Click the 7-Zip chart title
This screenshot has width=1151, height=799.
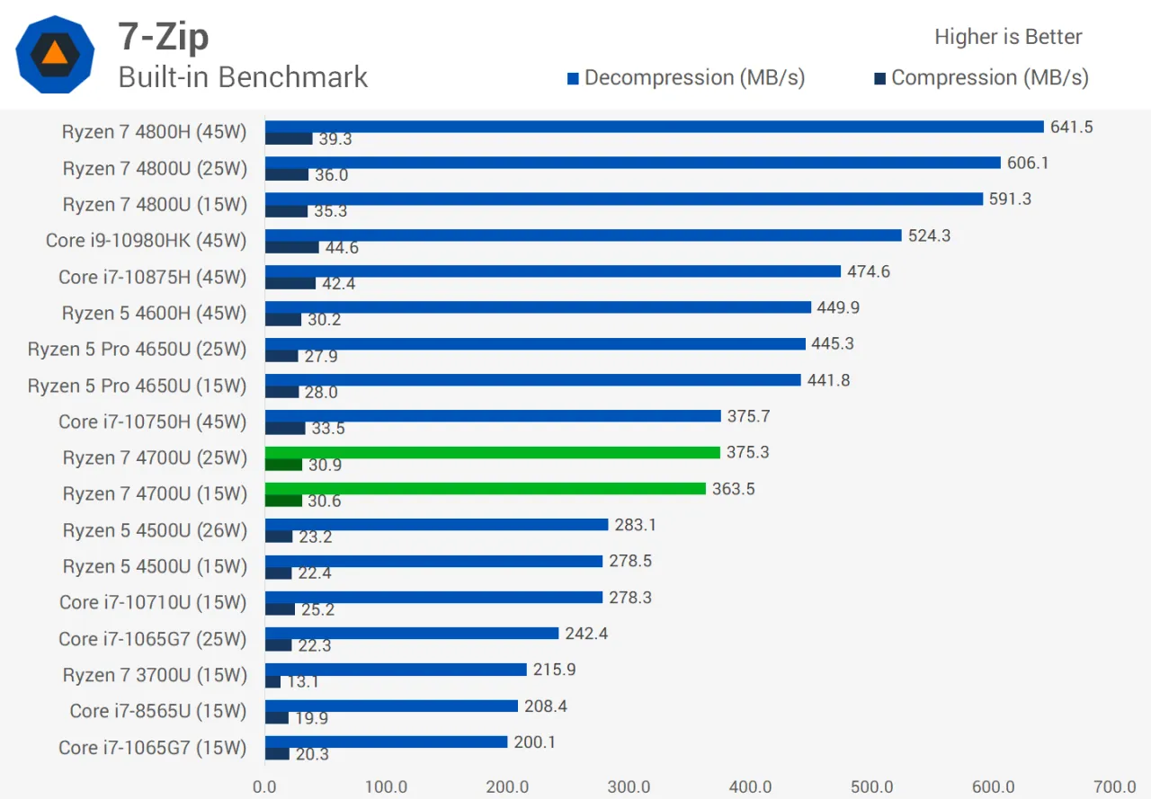[163, 37]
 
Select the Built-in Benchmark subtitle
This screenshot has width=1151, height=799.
[243, 77]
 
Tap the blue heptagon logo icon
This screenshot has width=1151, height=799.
[55, 54]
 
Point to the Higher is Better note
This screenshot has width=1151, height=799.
[1008, 37]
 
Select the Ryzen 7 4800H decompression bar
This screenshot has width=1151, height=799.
[654, 127]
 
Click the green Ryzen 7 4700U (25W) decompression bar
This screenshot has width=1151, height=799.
[492, 452]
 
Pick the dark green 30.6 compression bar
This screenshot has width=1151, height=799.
[283, 501]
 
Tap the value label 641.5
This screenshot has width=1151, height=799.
[1071, 127]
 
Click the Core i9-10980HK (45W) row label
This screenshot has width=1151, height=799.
[146, 241]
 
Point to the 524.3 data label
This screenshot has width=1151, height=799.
[929, 235]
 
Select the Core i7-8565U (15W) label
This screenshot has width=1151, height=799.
[157, 711]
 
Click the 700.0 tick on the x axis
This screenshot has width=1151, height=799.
[1114, 786]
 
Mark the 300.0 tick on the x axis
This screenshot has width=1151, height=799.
[629, 786]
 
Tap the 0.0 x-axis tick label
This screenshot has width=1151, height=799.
[265, 786]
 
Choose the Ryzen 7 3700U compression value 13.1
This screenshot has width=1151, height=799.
[302, 681]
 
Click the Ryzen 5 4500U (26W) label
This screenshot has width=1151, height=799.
[155, 530]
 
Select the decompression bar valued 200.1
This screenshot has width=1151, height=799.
[386, 741]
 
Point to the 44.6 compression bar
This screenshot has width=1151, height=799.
[291, 247]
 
